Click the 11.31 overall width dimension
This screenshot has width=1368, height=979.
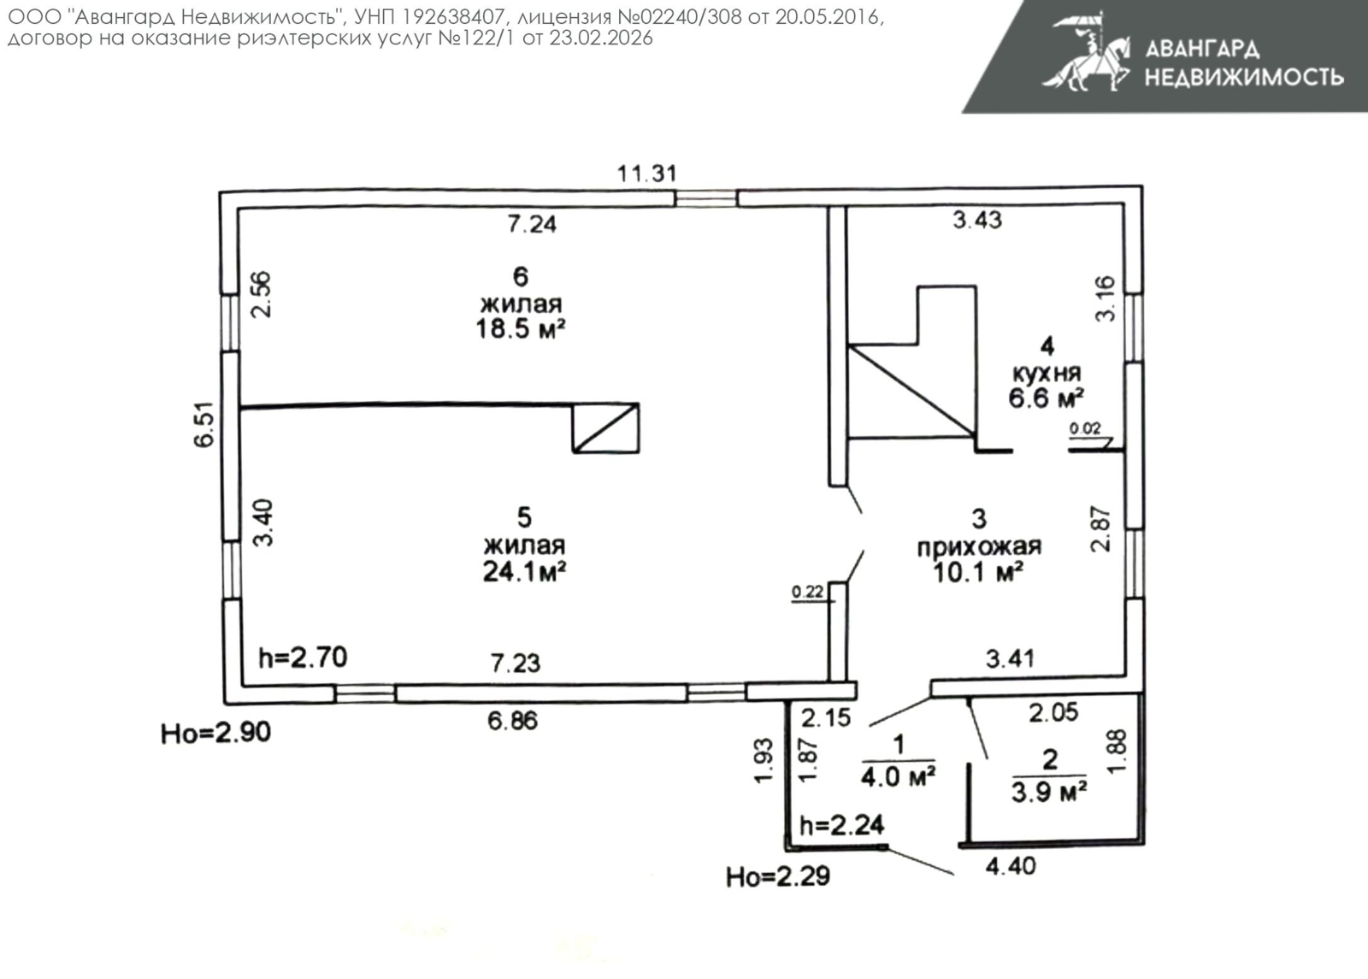click(x=646, y=174)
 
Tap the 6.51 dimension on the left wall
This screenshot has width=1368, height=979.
click(x=204, y=424)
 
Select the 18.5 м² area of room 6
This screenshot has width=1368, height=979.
click(x=521, y=330)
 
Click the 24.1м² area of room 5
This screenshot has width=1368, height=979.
click(x=524, y=572)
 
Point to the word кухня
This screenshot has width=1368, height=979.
click(x=1047, y=373)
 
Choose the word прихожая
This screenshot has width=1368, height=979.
click(x=979, y=546)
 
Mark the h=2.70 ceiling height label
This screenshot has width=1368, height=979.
click(x=303, y=658)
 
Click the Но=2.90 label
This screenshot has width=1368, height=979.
click(x=215, y=733)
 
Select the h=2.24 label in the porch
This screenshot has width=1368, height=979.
click(x=841, y=826)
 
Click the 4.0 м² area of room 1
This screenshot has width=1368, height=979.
click(x=898, y=777)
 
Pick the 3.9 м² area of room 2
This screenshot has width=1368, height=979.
click(x=1048, y=793)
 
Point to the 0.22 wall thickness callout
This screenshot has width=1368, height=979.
click(x=807, y=592)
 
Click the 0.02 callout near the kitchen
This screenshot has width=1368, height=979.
click(x=1085, y=428)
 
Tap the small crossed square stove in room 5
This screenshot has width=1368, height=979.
click(x=605, y=428)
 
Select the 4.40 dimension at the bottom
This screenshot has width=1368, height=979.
click(x=1011, y=866)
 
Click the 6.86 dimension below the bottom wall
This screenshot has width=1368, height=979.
click(x=512, y=721)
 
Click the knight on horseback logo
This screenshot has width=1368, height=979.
click(x=1085, y=52)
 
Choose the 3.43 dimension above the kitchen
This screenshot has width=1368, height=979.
click(x=977, y=220)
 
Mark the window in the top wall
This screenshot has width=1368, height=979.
click(x=706, y=198)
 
